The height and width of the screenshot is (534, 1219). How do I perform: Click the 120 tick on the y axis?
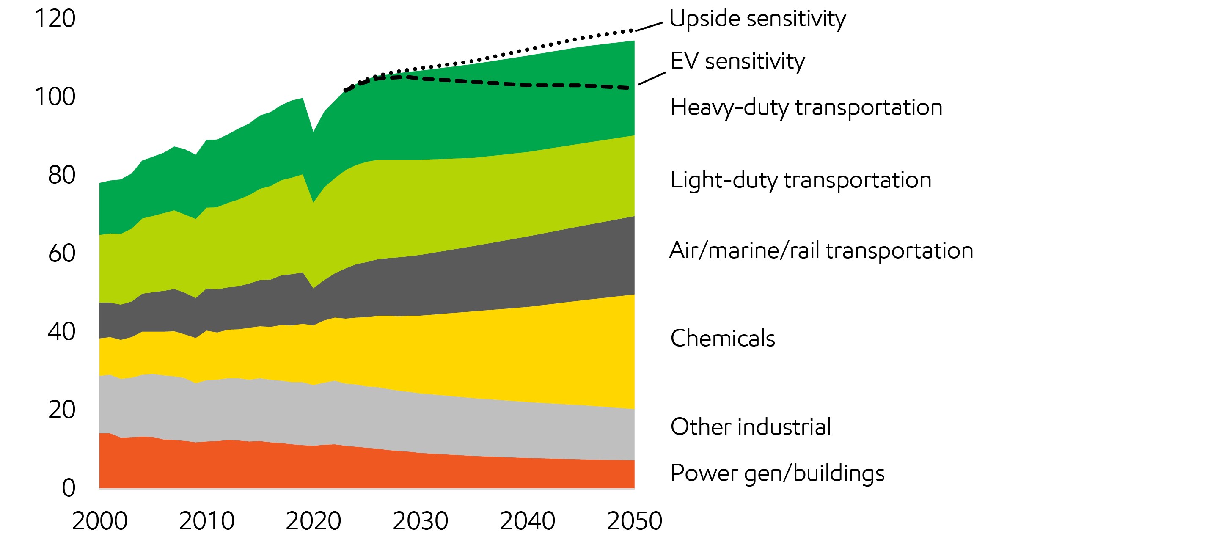pos(55,19)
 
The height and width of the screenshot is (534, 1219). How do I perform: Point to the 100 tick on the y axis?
pos(55,97)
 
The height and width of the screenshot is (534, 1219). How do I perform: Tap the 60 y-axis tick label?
pos(61,254)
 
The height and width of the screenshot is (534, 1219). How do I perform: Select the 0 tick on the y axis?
pos(69,488)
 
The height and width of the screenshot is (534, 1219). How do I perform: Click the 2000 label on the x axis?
pos(99,521)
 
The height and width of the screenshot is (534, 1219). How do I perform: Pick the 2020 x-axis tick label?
pos(313,521)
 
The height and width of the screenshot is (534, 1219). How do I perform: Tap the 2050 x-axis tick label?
pos(634,521)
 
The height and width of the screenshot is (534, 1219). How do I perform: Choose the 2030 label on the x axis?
pos(420,521)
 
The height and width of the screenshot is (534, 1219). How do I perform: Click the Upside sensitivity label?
pos(757,19)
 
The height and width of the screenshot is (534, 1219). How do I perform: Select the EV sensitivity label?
pos(737,61)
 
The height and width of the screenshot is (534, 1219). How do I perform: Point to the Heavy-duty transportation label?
pos(806,107)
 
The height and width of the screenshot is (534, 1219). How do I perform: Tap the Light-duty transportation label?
pos(801,180)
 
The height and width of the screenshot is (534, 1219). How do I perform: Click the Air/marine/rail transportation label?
pos(821,251)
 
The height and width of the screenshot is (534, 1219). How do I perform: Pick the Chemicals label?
pos(723,339)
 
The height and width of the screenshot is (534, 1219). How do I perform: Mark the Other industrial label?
pos(751,427)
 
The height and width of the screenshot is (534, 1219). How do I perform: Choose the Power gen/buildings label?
pos(777,473)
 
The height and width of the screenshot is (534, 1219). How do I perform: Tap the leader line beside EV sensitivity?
pos(652,79)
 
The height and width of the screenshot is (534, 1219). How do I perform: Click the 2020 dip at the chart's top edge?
pos(313,131)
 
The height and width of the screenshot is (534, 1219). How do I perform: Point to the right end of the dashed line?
pos(628,88)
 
